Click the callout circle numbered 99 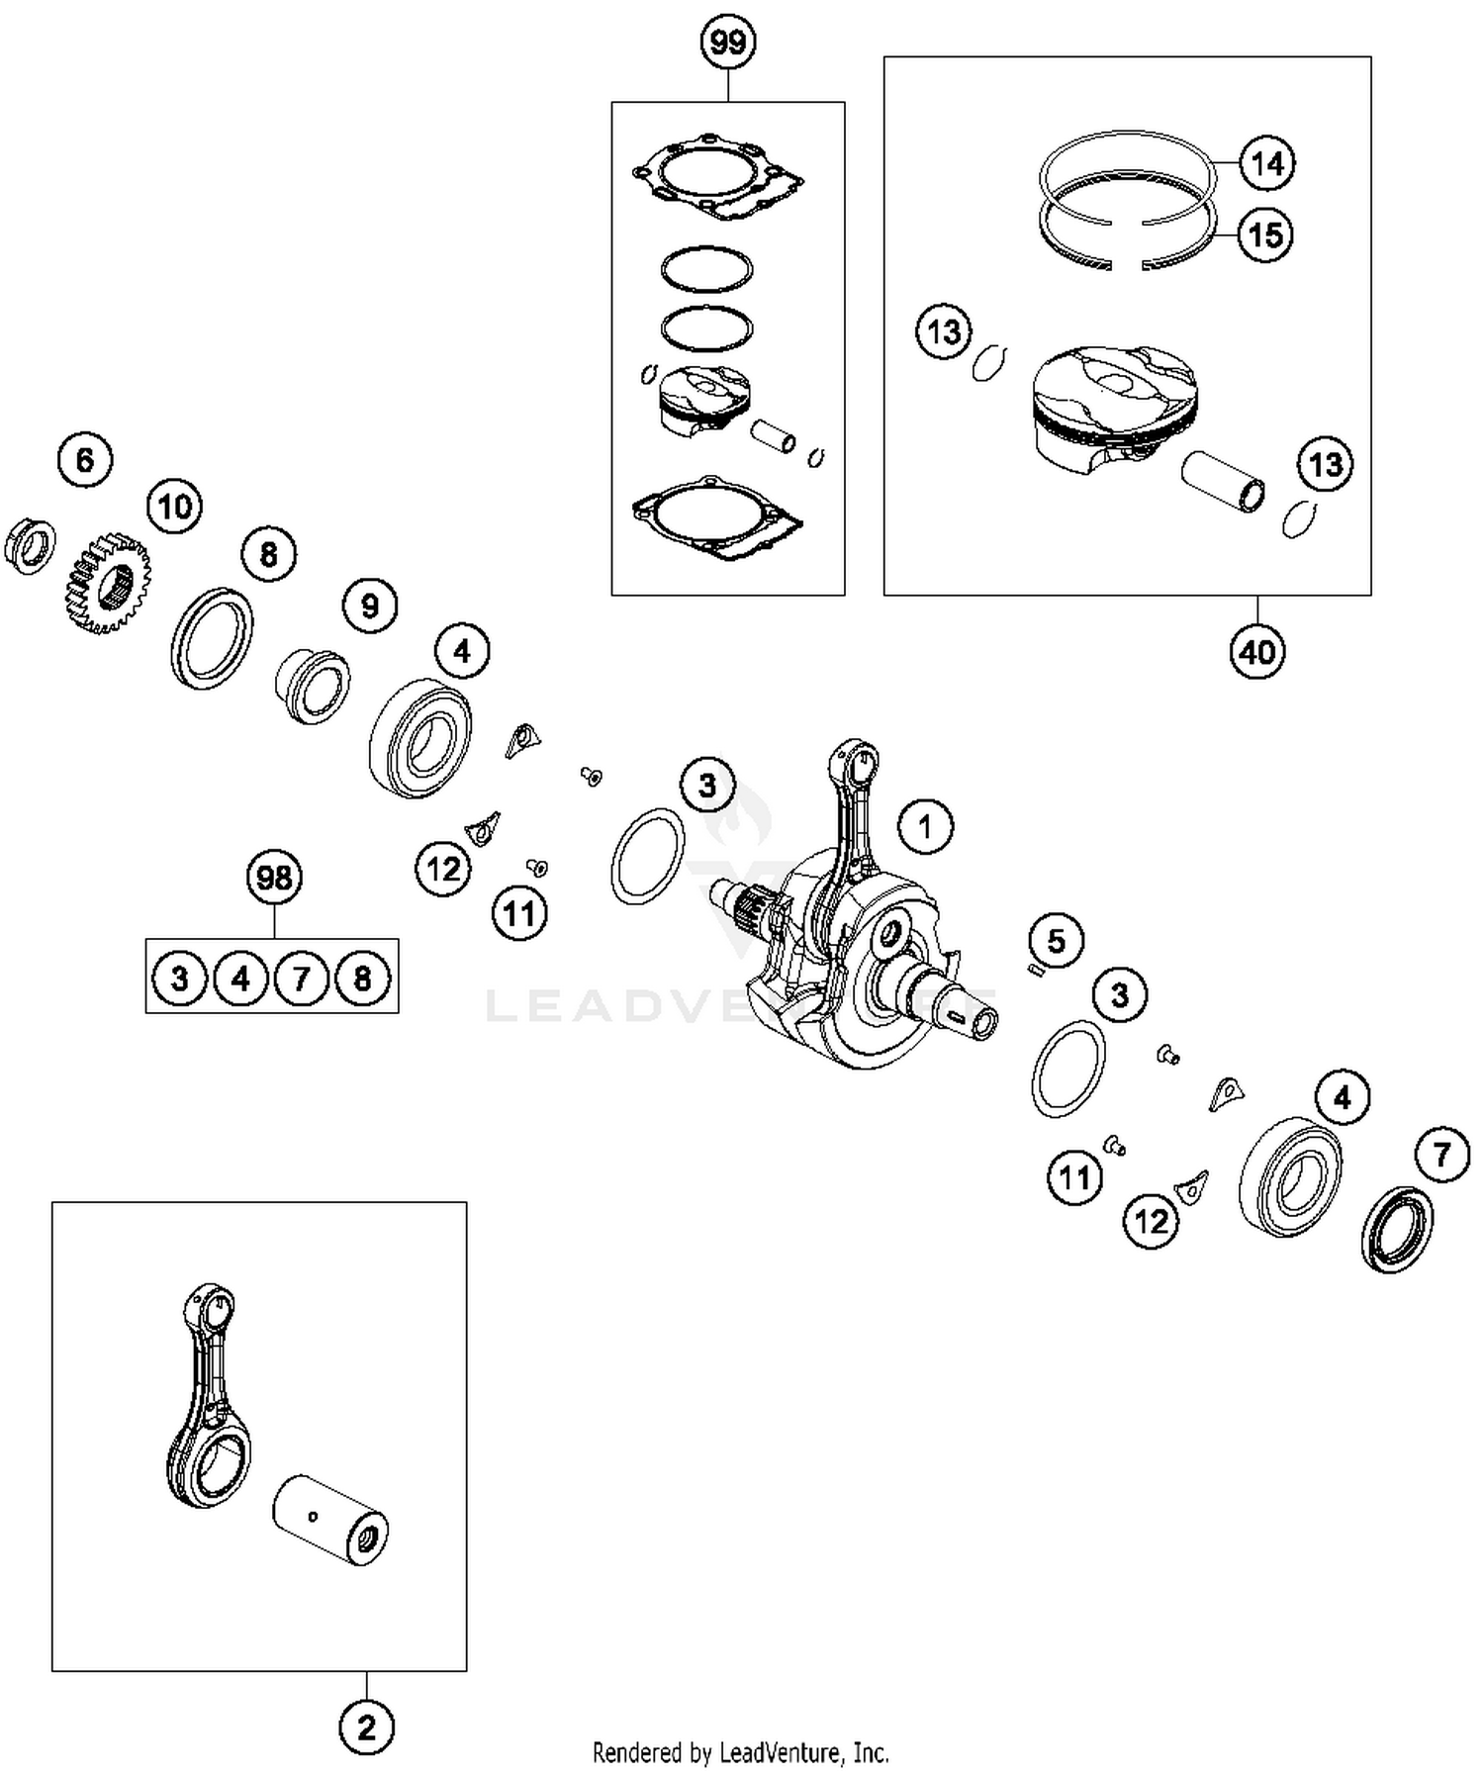tap(728, 43)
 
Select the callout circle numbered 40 tap(1257, 652)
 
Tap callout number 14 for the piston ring tap(1267, 163)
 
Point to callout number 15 tap(1265, 235)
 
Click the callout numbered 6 tap(85, 460)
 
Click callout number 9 tap(369, 606)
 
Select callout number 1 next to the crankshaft tap(925, 826)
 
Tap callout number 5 tap(1057, 940)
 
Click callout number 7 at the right tap(1441, 1154)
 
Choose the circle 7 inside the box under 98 tap(302, 979)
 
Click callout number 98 tap(274, 878)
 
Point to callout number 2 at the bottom tap(366, 1728)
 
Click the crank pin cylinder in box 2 tap(329, 1523)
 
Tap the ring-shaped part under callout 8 tap(212, 638)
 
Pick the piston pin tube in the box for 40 tap(1223, 481)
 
